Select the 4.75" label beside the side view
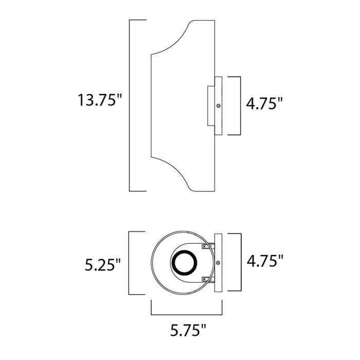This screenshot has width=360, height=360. tap(265, 104)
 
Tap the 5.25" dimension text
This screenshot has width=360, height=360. tap(103, 265)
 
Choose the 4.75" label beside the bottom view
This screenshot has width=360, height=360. tap(265, 261)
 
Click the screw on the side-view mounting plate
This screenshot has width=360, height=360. tap(219, 105)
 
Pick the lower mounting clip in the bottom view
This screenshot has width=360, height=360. tap(207, 279)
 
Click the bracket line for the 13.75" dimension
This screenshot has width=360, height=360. tap(130, 105)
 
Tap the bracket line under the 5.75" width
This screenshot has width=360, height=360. tap(189, 313)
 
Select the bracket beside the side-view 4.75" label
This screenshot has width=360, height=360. tap(240, 105)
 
